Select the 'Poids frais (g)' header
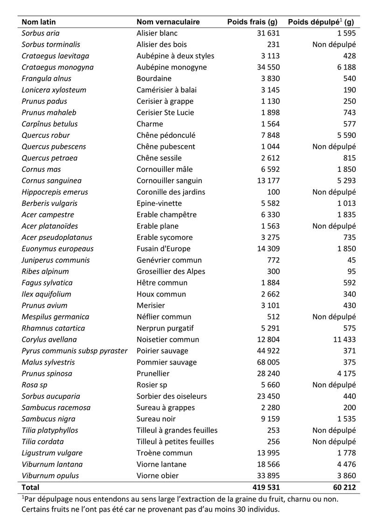pos(252,22)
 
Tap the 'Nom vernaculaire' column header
pos(168,22)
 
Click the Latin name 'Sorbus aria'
pos(41,33)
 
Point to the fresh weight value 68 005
pos(266,362)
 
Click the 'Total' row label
pos(31,487)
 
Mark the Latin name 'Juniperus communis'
pos(55,260)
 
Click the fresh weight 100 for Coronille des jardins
pos(273,192)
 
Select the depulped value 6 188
pos(344,67)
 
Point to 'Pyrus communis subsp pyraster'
pos(74,351)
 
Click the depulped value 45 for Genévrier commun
pos(351,260)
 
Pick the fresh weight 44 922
pos(266,351)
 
